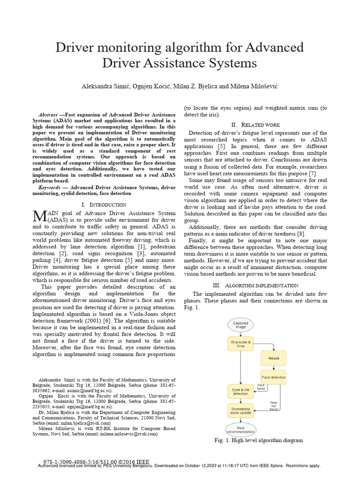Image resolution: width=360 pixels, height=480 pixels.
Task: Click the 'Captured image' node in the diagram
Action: click(x=240, y=325)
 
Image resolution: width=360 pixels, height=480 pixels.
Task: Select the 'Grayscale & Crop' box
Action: click(x=240, y=345)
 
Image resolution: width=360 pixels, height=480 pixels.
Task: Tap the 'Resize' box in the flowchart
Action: click(x=273, y=358)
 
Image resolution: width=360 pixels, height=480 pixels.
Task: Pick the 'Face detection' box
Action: click(x=273, y=377)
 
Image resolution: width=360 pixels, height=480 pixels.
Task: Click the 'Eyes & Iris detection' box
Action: click(x=240, y=391)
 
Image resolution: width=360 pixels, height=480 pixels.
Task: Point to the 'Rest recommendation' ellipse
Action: click(x=240, y=429)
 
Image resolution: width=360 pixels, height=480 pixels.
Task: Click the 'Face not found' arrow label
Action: click(x=274, y=405)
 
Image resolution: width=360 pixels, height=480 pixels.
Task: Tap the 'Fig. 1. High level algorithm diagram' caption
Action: click(x=258, y=440)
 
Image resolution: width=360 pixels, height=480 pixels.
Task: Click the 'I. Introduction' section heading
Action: click(x=104, y=204)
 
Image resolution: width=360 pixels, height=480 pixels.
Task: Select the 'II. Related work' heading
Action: click(x=255, y=125)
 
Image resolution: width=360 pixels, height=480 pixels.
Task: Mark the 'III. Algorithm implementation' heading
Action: click(x=255, y=285)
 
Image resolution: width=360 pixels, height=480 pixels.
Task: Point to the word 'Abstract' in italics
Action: click(x=47, y=114)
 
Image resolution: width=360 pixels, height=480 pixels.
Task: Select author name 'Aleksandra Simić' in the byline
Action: click(x=106, y=87)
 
